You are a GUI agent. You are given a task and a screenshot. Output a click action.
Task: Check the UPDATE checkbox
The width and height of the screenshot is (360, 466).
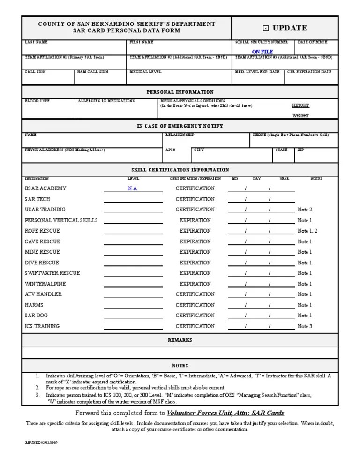pyautogui.click(x=265, y=28)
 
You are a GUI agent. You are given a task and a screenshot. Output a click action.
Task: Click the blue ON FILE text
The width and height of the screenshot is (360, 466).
pyautogui.click(x=262, y=52)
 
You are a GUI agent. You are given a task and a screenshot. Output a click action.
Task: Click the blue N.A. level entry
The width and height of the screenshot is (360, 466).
pyautogui.click(x=133, y=188)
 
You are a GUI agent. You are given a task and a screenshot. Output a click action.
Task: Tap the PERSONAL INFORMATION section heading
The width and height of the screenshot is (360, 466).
pyautogui.click(x=180, y=92)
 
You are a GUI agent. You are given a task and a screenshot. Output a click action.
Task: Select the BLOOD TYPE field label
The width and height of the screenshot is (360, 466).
pyautogui.click(x=37, y=101)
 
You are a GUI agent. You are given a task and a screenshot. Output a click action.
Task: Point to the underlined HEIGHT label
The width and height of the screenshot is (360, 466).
pyautogui.click(x=300, y=106)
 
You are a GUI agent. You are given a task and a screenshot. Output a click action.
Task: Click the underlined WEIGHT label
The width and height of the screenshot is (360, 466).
pyautogui.click(x=300, y=115)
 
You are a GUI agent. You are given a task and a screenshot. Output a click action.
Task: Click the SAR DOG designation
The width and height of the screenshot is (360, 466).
pyautogui.click(x=37, y=316)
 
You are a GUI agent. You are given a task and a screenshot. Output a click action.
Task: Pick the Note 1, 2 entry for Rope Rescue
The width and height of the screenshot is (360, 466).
pyautogui.click(x=307, y=231)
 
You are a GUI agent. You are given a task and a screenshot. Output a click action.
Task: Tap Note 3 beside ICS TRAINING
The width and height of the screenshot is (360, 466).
pyautogui.click(x=305, y=326)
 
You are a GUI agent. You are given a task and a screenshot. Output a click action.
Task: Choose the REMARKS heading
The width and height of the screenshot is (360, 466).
pyautogui.click(x=180, y=340)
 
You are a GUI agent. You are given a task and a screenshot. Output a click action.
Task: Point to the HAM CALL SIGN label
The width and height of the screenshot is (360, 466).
pyautogui.click(x=93, y=72)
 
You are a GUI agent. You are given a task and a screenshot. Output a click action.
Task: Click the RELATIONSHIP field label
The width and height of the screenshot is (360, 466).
pyautogui.click(x=180, y=135)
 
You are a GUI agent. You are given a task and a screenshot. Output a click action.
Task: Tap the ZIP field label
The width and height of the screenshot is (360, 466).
pyautogui.click(x=300, y=150)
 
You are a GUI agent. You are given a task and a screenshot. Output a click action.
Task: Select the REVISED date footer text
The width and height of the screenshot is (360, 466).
pyautogui.click(x=42, y=443)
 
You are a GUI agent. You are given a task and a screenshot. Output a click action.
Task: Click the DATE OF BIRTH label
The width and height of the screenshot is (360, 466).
pyautogui.click(x=313, y=42)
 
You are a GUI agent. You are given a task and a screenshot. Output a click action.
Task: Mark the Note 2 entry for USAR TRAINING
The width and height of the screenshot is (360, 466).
pyautogui.click(x=305, y=210)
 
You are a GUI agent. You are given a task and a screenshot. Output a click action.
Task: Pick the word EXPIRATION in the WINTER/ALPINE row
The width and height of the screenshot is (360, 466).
pyautogui.click(x=195, y=284)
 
